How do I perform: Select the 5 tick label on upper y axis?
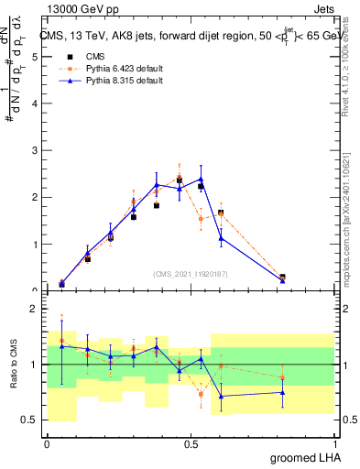coord(33,57)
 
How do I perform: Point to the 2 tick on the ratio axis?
coord(33,310)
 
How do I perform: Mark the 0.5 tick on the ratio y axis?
coord(30,420)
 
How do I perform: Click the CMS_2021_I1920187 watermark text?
coord(190,273)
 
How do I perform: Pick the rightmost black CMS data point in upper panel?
coord(282,278)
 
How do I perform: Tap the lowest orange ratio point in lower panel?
coord(201,395)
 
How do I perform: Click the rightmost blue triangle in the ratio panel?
coord(282,392)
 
